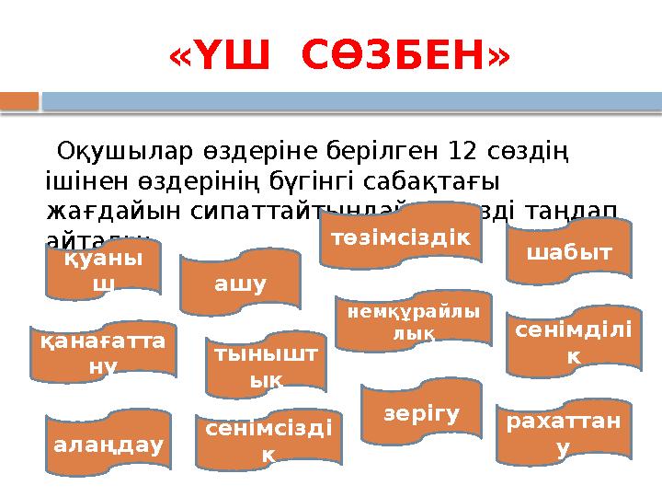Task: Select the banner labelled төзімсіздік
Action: coord(400,238)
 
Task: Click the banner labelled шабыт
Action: coord(570,251)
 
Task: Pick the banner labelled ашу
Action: coord(240,283)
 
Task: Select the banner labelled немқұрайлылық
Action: coord(413,323)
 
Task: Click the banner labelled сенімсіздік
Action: coord(268,440)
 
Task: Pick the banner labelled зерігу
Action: coord(422,413)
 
